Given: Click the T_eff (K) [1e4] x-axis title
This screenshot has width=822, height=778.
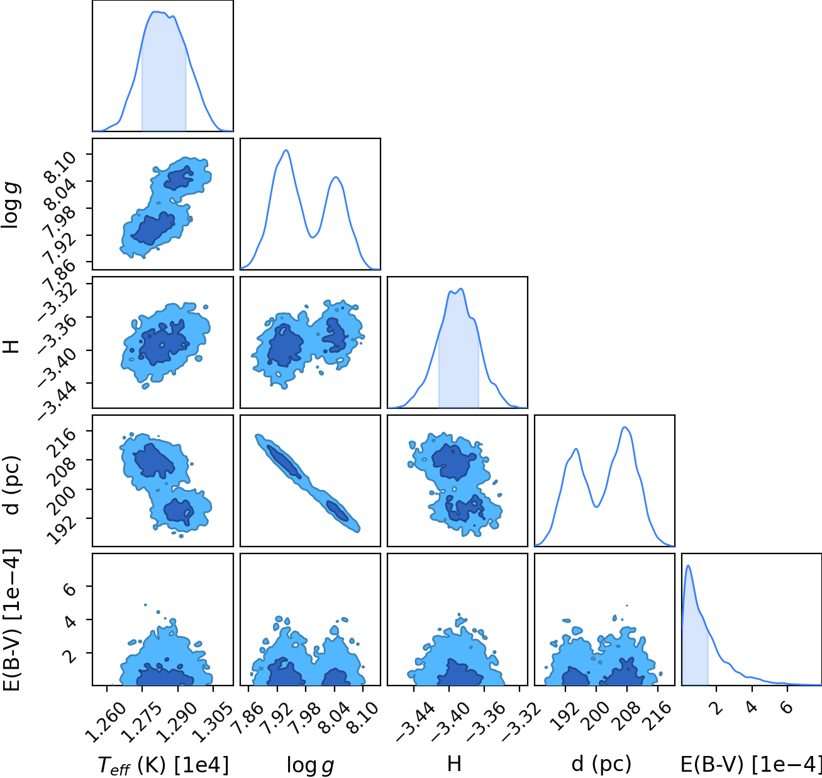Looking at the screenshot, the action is pyautogui.click(x=163, y=765).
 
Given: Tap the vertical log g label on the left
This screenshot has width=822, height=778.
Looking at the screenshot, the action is pyautogui.click(x=11, y=204).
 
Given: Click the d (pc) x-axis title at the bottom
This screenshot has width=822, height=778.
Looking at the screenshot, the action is pyautogui.click(x=601, y=764).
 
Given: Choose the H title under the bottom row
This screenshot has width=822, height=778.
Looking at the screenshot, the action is pyautogui.click(x=454, y=764).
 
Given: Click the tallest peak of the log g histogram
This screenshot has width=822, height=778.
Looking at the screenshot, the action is pyautogui.click(x=286, y=150).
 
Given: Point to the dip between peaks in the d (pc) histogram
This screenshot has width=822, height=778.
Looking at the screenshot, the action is pyautogui.click(x=597, y=506).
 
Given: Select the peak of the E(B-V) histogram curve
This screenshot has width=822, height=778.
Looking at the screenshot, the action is pyautogui.click(x=688, y=566).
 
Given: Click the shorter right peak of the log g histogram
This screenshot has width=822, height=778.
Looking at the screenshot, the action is pyautogui.click(x=336, y=177).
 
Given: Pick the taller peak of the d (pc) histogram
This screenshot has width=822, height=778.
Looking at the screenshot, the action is pyautogui.click(x=625, y=427).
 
